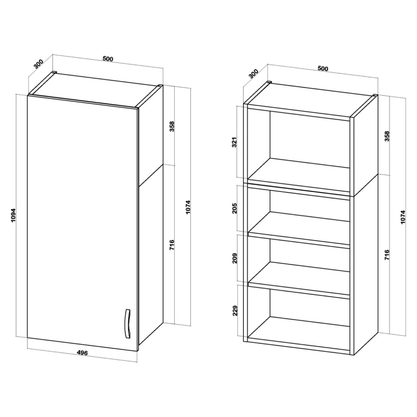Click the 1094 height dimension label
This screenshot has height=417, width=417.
pos(13,215)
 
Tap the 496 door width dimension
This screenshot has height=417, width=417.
pos(82,353)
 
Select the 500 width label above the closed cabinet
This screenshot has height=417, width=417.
pos(108,59)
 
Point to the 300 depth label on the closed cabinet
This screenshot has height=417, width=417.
pos(39,64)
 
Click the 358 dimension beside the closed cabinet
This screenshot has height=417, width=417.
pos(172,126)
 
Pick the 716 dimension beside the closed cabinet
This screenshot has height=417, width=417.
pos(172,245)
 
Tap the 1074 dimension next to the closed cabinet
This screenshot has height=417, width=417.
pos(188,207)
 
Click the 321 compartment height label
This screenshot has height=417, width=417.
pos(235,142)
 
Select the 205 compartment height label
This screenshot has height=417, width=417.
pos(235,208)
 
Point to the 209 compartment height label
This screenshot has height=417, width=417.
pos(235,258)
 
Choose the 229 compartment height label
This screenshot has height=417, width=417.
pos(235,310)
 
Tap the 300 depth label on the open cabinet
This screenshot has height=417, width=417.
pos(254,74)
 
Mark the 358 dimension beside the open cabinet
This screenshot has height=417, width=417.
pos(387,136)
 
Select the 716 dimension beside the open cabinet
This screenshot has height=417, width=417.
pos(387,255)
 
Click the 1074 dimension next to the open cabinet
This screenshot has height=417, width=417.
pos(403,217)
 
